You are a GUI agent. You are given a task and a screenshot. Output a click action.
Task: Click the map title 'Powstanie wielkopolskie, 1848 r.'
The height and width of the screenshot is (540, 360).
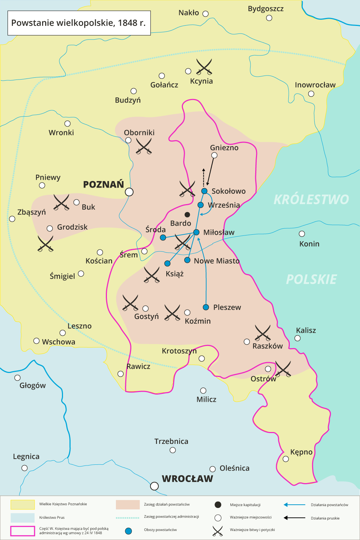pos(78,23)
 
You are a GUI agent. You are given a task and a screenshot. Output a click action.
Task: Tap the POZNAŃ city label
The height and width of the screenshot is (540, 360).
pos(104,185)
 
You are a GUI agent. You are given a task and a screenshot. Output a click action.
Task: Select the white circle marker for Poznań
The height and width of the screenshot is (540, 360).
pos(129,192)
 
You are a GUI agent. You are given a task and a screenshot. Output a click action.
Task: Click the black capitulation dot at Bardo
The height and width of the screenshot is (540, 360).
pos(187,215)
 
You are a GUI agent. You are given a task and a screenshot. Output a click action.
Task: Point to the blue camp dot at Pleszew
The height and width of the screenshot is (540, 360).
pos(206,307)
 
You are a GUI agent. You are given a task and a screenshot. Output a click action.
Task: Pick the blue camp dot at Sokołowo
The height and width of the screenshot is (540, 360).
pos(204,191)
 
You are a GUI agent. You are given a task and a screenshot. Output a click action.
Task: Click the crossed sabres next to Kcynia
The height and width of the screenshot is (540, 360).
pos(204,67)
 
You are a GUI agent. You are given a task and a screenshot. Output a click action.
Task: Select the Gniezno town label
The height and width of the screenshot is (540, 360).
pos(224,148)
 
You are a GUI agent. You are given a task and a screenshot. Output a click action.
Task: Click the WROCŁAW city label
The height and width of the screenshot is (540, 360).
pos(187,479)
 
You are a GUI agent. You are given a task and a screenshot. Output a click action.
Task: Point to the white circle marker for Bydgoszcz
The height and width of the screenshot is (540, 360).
pos(269,18)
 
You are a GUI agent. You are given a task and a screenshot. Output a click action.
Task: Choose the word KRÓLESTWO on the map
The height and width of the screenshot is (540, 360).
pos(311,199)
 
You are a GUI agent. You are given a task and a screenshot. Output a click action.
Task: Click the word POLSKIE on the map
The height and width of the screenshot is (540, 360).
pos(311,279)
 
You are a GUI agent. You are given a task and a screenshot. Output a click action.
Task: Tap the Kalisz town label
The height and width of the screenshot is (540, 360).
pos(306,330)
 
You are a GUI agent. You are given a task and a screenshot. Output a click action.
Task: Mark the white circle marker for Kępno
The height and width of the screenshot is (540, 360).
pos(286,459)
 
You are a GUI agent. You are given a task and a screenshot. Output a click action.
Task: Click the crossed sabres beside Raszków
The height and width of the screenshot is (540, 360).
pos(262,333)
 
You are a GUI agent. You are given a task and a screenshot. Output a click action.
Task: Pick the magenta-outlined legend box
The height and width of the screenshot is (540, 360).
pos(23,531)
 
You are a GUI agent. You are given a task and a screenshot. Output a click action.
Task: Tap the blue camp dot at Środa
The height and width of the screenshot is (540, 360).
pos(163,238)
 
